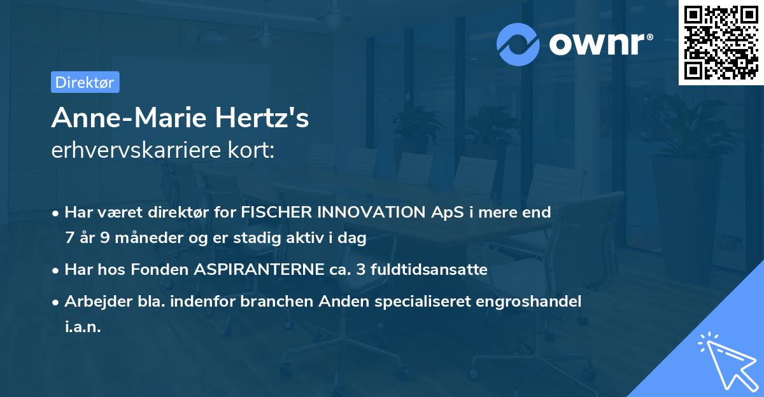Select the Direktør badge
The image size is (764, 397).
coord(85,82)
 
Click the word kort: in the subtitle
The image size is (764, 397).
coord(251,150)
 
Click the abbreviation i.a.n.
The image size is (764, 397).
coord(83,328)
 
